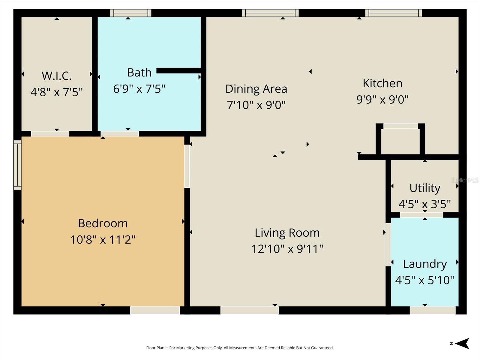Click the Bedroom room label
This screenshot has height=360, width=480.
tap(103, 223)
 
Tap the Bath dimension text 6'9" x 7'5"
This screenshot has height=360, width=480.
tap(139, 89)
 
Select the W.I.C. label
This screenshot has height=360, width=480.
tap(57, 76)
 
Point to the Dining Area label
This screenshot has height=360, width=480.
tap(256, 89)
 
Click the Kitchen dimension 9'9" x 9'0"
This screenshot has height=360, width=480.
tap(382, 99)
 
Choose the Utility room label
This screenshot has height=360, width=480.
tap(425, 188)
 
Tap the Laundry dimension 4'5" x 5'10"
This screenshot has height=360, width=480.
tap(424, 280)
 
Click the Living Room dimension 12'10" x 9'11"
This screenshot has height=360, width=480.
tap(287, 249)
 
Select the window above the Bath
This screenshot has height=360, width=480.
tap(130, 13)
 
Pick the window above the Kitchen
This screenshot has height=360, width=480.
tap(394, 13)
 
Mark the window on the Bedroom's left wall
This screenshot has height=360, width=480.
tap(17, 165)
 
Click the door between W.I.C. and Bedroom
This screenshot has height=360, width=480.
tap(50, 134)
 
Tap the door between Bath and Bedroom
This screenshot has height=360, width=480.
tap(120, 134)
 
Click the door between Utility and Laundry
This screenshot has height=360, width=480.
tap(421, 215)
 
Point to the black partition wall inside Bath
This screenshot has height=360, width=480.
tap(179, 70)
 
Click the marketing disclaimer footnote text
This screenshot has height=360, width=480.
tap(240, 348)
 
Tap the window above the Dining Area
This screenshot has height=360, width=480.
tap(270, 13)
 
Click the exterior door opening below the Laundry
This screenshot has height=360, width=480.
tap(433, 310)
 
